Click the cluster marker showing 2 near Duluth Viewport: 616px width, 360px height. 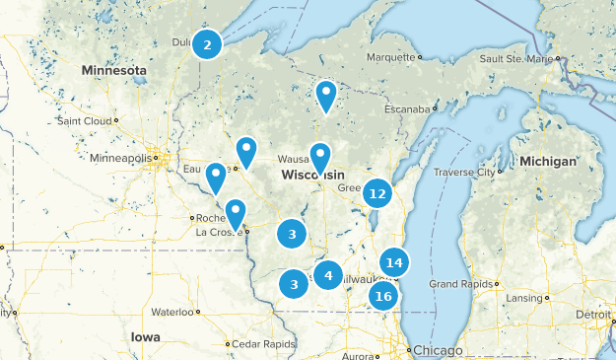click(x=207, y=44)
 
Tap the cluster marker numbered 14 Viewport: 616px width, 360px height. click(x=394, y=262)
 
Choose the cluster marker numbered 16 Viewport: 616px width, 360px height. click(x=383, y=296)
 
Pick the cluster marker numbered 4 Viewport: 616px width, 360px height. click(x=328, y=274)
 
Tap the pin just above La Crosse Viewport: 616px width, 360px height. click(x=236, y=212)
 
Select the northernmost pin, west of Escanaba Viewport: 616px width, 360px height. click(x=326, y=96)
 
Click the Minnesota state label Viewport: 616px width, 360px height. click(x=114, y=71)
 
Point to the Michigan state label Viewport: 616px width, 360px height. click(x=549, y=161)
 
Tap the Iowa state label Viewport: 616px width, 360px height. click(x=145, y=336)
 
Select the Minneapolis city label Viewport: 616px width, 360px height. click(x=120, y=158)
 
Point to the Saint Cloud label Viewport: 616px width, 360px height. click(x=85, y=121)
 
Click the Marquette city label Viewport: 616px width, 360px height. click(x=391, y=57)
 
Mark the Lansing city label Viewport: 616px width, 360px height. click(x=522, y=298)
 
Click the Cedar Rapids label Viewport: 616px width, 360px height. click(x=263, y=343)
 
